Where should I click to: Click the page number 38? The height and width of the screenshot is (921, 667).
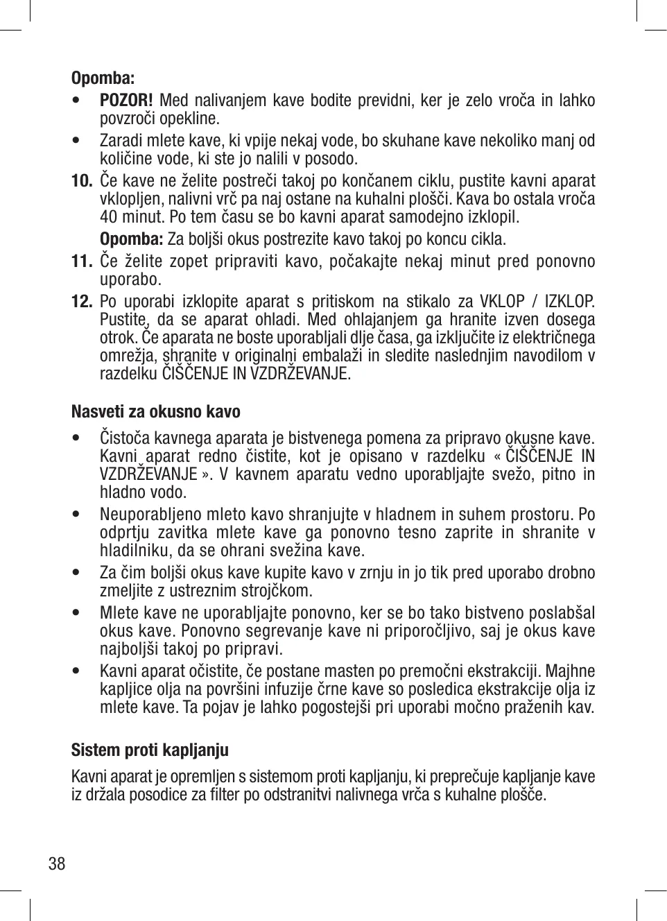[x=57, y=863]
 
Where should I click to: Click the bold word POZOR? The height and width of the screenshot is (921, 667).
[x=126, y=101]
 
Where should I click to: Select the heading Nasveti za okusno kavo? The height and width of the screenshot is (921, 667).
[x=156, y=412]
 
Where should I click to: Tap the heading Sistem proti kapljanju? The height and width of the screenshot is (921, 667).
[x=150, y=750]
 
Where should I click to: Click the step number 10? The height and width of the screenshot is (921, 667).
[x=82, y=182]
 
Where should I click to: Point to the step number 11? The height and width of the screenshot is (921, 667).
[x=82, y=261]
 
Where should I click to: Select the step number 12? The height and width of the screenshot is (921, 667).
[x=82, y=302]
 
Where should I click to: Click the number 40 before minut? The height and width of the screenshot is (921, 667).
[x=108, y=217]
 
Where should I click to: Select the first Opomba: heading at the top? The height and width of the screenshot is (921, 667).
[x=103, y=77]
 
